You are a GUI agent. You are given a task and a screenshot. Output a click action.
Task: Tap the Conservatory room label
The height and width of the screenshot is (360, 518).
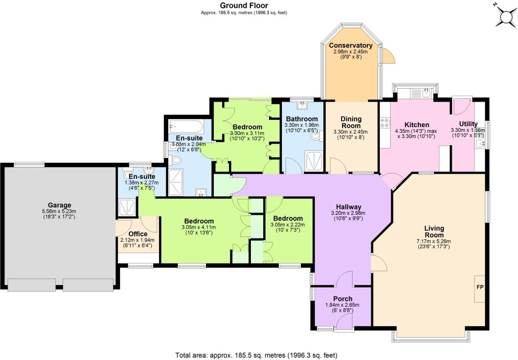[350, 45]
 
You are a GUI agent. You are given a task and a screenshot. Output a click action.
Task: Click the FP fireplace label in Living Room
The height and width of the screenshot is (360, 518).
[480, 287]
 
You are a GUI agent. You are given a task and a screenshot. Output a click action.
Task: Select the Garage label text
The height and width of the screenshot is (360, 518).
[59, 205]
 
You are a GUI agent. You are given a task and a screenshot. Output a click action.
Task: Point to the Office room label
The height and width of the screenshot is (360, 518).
[138, 234]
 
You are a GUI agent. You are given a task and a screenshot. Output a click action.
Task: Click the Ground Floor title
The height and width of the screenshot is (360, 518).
[244, 5]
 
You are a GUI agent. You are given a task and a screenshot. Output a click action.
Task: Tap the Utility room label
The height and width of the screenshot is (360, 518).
[468, 124]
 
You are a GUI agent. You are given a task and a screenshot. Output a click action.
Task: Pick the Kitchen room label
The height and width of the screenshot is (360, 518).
[417, 124]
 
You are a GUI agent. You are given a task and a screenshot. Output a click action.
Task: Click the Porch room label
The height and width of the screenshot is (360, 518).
[343, 299]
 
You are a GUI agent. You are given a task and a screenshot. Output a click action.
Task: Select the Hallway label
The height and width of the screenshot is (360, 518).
[348, 207]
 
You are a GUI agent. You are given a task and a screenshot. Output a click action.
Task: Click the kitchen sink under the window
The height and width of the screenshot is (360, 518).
[426, 93]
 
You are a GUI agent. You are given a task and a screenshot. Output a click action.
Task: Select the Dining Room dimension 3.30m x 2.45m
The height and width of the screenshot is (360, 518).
[350, 132]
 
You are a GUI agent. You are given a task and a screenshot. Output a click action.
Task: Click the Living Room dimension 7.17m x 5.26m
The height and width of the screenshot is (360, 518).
[434, 242]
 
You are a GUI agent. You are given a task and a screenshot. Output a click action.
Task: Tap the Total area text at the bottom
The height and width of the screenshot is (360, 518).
[256, 355]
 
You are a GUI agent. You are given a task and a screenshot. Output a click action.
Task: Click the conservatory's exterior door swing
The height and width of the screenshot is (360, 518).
[386, 56]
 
